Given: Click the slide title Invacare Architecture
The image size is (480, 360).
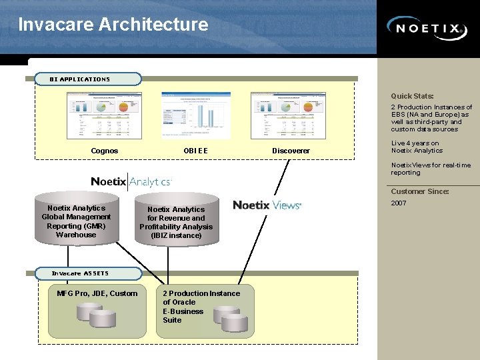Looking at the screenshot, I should [x=113, y=25].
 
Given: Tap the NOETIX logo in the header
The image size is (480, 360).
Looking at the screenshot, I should [x=427, y=29].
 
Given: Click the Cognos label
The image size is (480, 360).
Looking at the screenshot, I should [x=104, y=151].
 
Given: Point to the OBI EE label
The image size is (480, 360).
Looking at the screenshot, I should [x=195, y=151].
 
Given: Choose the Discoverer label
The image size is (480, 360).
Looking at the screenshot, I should [x=291, y=151].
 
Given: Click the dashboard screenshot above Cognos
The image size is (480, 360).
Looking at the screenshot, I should [x=104, y=115].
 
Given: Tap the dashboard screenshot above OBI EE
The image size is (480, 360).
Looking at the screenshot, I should [x=195, y=115].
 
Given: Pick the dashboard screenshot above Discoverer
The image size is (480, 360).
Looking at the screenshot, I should [x=288, y=115].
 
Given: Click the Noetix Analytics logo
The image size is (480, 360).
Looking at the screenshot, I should [x=131, y=181].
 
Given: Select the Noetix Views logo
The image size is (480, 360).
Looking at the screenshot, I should [x=267, y=205].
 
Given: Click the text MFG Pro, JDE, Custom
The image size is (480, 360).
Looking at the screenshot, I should [x=97, y=293].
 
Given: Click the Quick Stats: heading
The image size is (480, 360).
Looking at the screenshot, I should [x=412, y=96].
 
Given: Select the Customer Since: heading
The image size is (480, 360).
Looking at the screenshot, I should [x=419, y=191].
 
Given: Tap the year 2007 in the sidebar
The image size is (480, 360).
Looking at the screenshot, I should [x=399, y=203].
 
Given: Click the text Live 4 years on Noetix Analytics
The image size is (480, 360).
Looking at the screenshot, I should [x=417, y=147].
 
